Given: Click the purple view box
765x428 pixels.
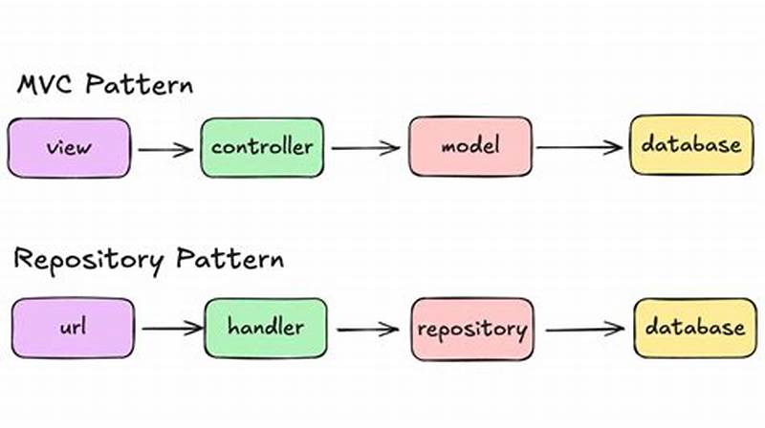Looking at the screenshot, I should click(x=68, y=148).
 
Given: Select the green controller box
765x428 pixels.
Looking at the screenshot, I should click(x=261, y=148).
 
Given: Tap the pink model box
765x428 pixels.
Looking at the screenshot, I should click(x=470, y=147).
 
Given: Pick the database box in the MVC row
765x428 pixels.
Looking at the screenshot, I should click(x=690, y=145).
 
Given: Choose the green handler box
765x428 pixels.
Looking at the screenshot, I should click(x=265, y=328).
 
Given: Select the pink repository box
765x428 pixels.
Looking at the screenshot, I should click(x=471, y=329).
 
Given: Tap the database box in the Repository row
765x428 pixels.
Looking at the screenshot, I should click(x=693, y=327).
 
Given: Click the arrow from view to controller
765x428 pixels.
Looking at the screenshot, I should click(x=164, y=148).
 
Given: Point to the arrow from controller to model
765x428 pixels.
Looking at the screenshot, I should click(x=365, y=148).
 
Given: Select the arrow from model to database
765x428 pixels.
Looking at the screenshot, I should click(x=579, y=148).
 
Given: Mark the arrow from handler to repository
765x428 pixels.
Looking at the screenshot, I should click(x=367, y=329).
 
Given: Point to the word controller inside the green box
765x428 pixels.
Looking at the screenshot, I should click(x=261, y=148).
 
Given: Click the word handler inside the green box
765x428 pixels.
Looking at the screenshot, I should click(x=265, y=328).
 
